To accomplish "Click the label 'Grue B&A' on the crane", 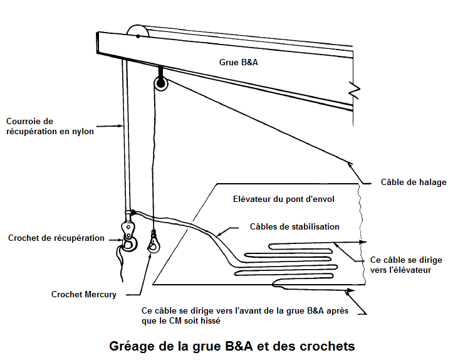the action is tap(238, 62).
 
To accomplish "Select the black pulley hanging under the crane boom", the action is tap(160, 83).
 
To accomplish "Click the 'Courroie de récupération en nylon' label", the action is tap(50, 126).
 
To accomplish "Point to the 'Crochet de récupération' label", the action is tap(56, 238).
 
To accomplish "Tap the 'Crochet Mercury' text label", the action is tap(84, 294).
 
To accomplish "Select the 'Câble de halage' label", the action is tap(414, 182).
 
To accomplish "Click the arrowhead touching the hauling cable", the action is tap(350, 164).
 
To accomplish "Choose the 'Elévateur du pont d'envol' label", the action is tap(284, 199).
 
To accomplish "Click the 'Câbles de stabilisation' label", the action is tap(294, 226).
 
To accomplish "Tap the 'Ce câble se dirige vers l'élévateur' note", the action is tap(406, 265).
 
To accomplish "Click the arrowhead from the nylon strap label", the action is tap(121, 125).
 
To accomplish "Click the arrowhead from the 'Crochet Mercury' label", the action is tap(149, 257).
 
